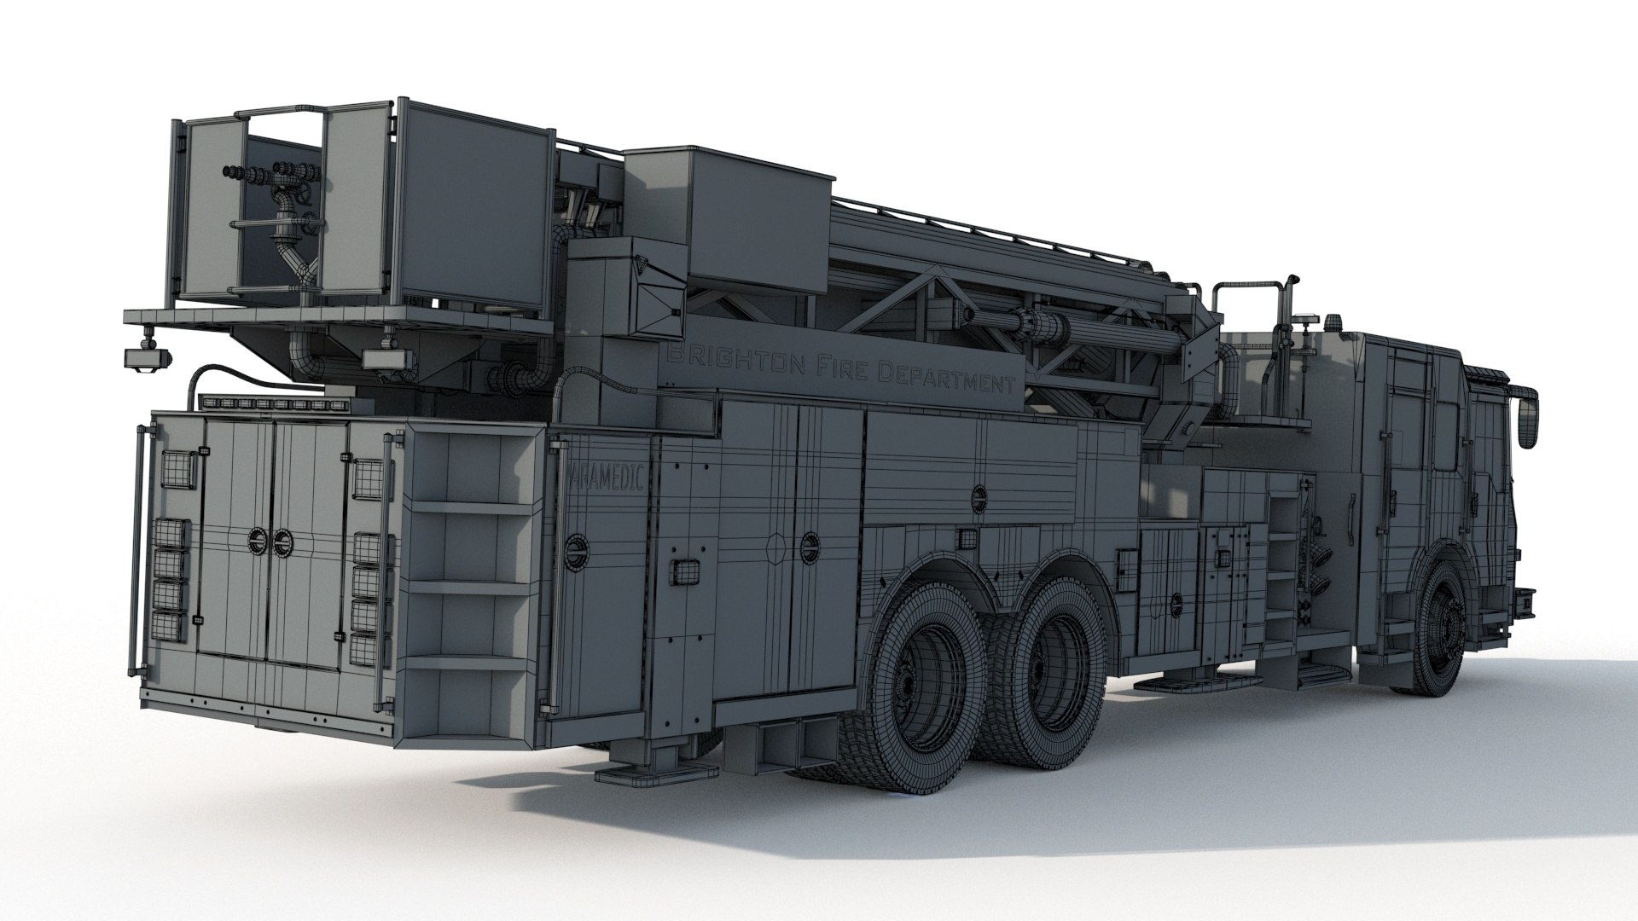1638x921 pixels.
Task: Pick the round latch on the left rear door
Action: (x=256, y=539)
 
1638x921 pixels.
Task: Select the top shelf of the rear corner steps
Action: (x=473, y=505)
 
